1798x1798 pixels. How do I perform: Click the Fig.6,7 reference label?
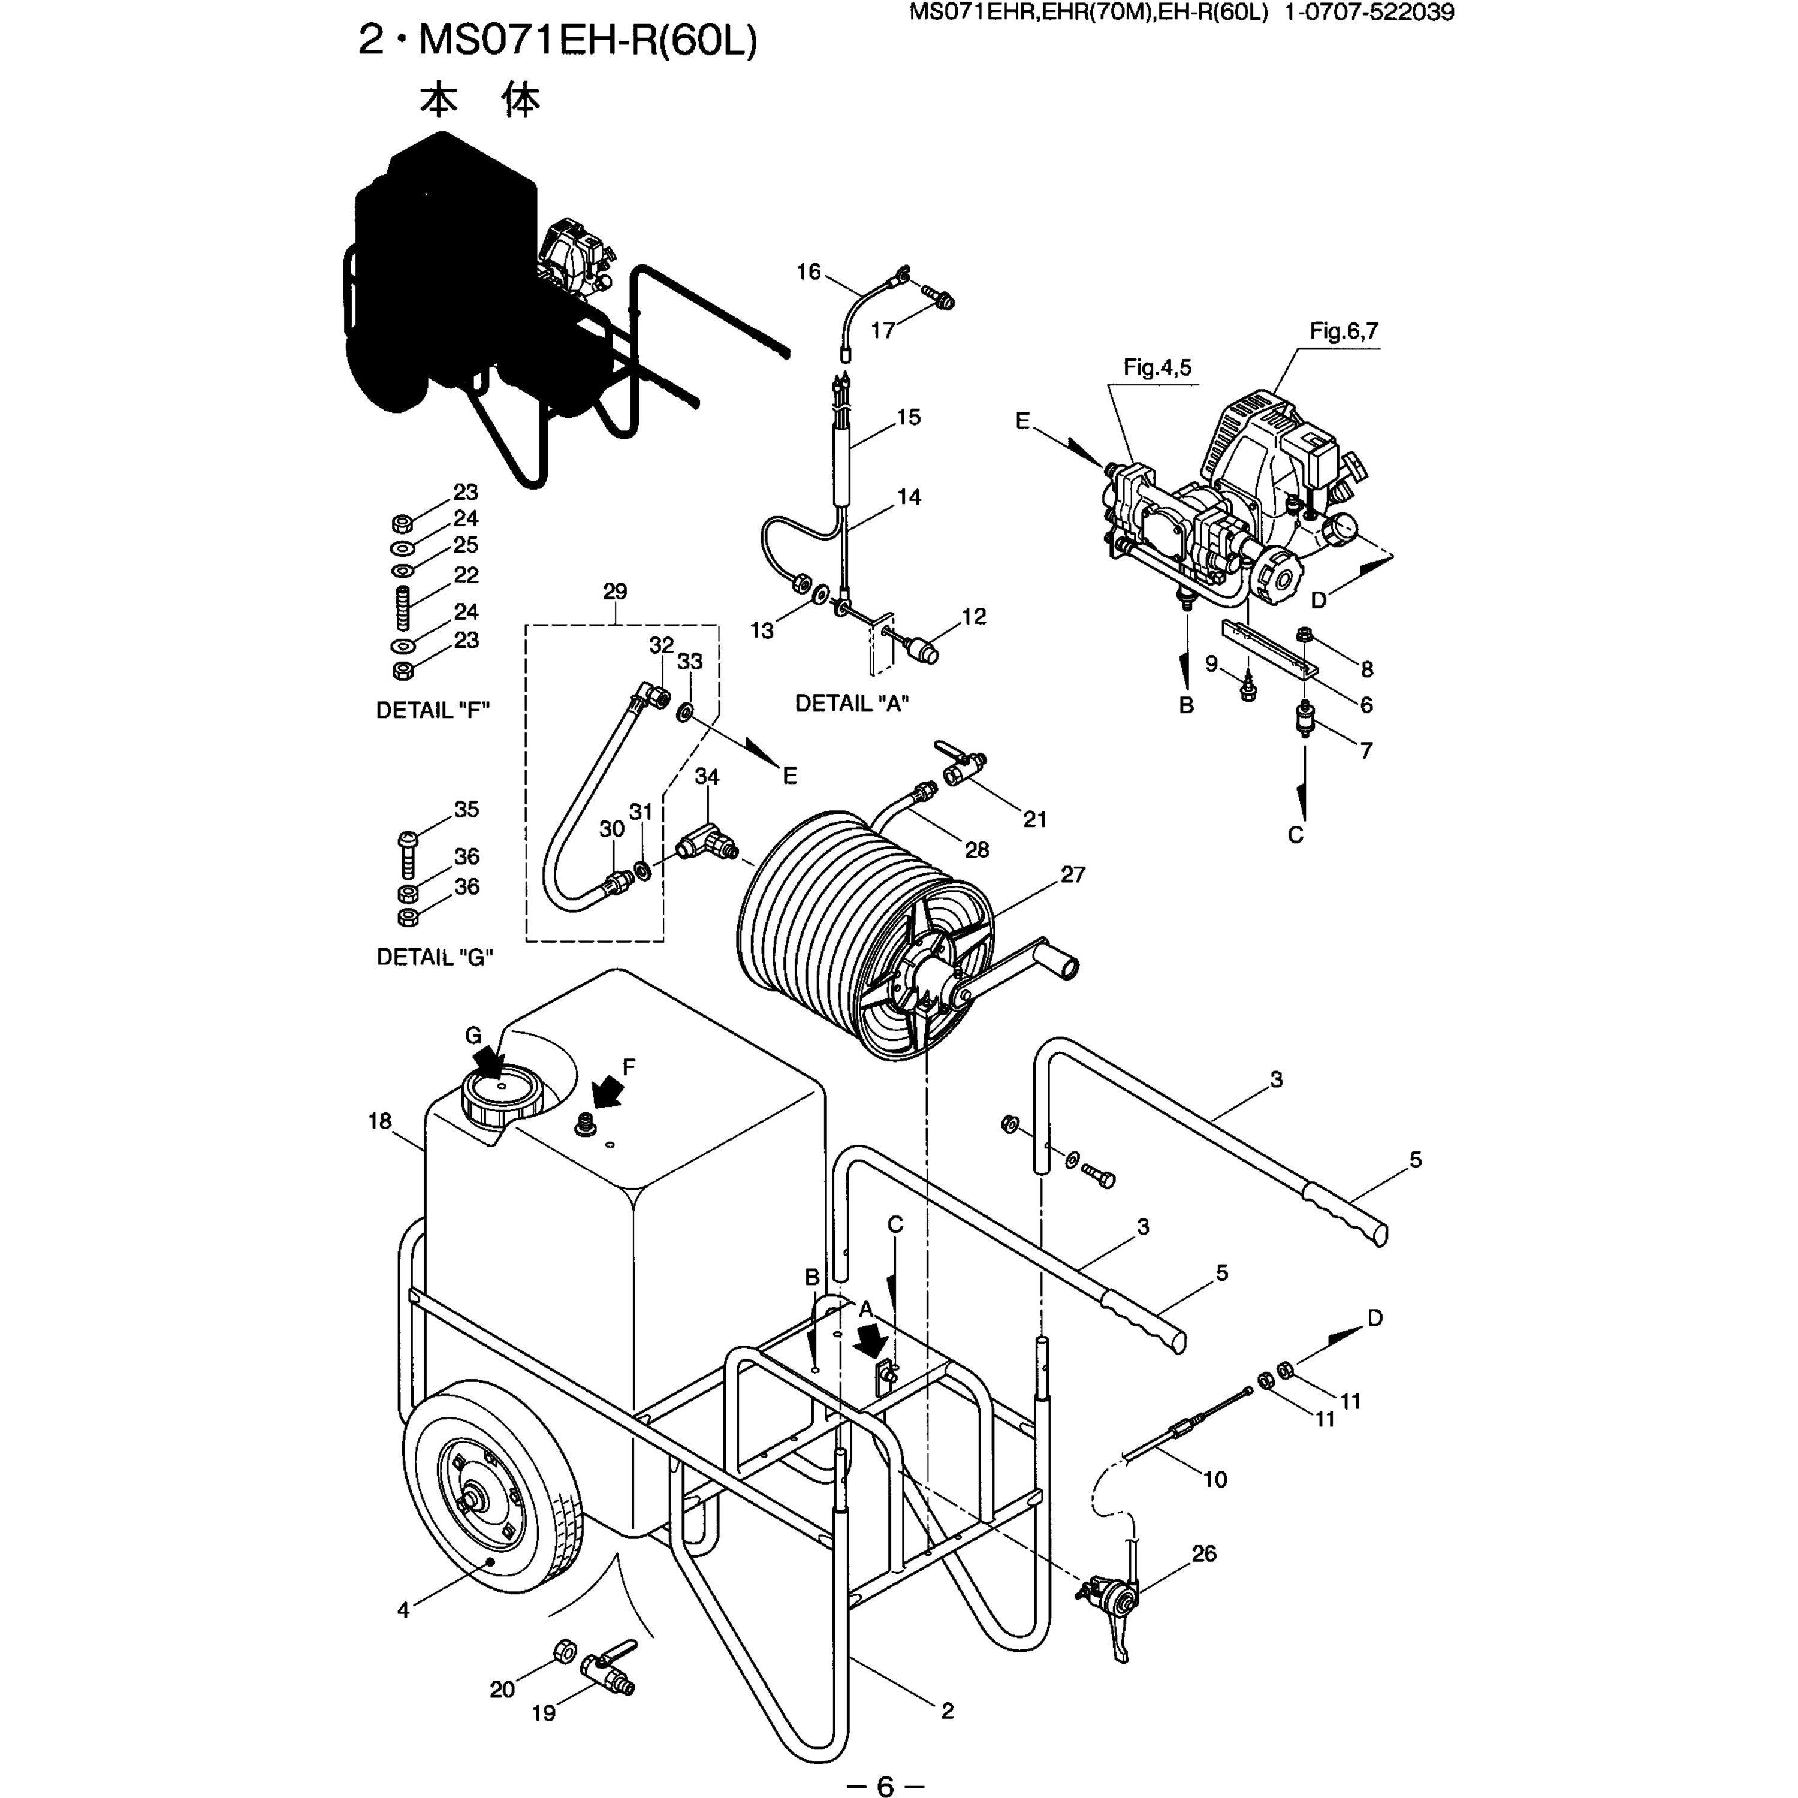click(x=1343, y=331)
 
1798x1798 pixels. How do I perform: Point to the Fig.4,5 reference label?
click(x=1157, y=367)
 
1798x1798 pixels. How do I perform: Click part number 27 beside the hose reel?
click(x=1073, y=875)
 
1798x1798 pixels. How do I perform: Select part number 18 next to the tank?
click(x=380, y=1121)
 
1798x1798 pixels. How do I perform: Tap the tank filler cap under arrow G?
click(x=500, y=1096)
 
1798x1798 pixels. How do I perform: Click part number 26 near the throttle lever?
click(x=1204, y=1553)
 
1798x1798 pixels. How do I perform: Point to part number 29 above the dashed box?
click(x=615, y=591)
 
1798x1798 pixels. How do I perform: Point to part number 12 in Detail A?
click(x=973, y=616)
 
